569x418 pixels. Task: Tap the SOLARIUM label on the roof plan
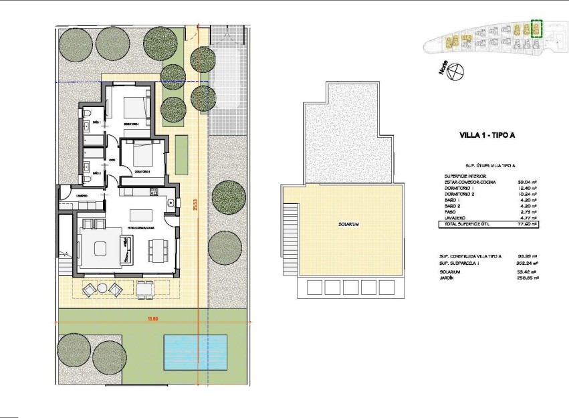point(349,225)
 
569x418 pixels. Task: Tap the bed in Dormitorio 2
point(144,155)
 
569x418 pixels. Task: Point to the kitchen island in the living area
point(141,214)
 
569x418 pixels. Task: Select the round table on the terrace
point(103,289)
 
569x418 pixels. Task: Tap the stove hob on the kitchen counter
point(153,193)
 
